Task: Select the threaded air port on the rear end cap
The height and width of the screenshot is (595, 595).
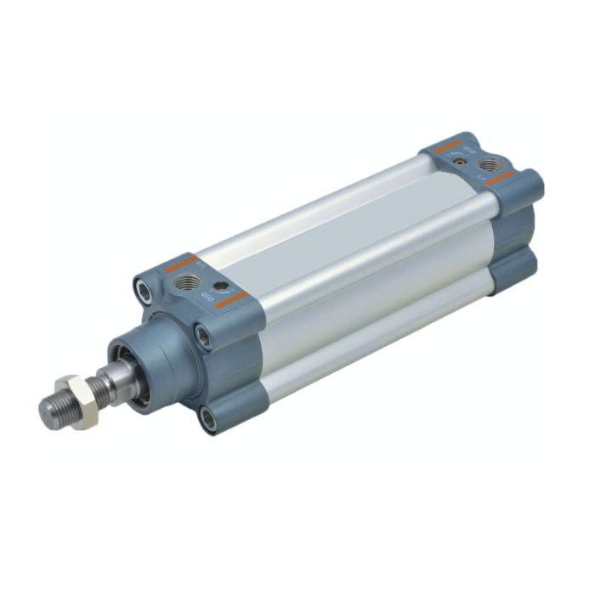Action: point(489,165)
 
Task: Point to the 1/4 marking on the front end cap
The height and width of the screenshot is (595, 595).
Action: point(200,265)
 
